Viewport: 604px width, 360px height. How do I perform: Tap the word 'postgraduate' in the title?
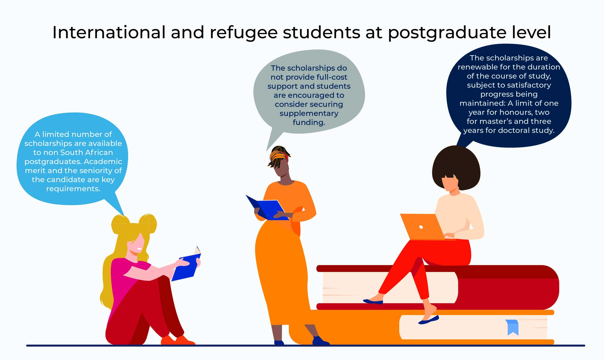pyautogui.click(x=447, y=33)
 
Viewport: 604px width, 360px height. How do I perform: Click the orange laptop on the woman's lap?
pyautogui.click(x=423, y=227)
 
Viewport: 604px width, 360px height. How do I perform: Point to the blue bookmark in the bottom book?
pyautogui.click(x=513, y=327)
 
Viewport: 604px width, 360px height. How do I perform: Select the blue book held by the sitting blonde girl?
pyautogui.click(x=187, y=266)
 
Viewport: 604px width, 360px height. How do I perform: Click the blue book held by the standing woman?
pyautogui.click(x=266, y=208)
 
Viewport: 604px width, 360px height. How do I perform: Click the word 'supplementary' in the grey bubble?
pyautogui.click(x=309, y=113)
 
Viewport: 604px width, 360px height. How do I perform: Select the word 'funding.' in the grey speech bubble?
pyautogui.click(x=309, y=123)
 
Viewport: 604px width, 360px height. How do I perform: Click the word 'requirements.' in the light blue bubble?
pyautogui.click(x=73, y=189)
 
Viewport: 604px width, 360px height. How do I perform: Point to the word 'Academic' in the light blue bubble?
pyautogui.click(x=103, y=161)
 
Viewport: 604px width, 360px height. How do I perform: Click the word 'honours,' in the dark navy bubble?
pyautogui.click(x=514, y=112)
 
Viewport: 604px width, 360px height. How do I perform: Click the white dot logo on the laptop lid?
pyautogui.click(x=421, y=227)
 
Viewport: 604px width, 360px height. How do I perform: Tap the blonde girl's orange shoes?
pyautogui.click(x=178, y=340)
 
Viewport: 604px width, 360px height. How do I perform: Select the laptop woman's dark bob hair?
pyautogui.click(x=456, y=167)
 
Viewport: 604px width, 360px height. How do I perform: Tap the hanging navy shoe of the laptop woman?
pyautogui.click(x=429, y=320)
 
